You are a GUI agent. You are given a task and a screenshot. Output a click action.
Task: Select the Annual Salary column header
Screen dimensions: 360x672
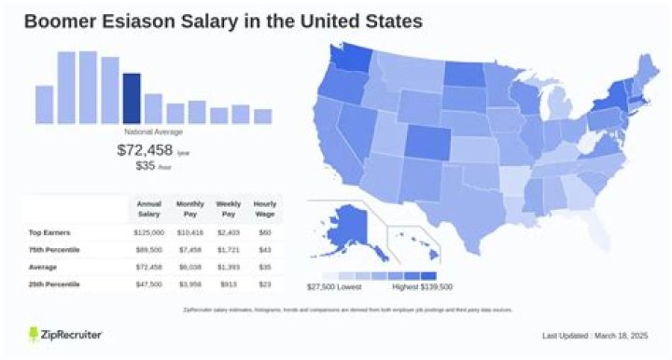(x=149, y=208)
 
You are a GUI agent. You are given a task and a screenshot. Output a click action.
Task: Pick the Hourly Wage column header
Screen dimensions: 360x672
(x=265, y=208)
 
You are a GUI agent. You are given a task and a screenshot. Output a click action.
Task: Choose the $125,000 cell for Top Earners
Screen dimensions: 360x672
(x=149, y=232)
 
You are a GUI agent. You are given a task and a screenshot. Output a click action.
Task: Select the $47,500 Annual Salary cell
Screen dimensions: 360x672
(x=149, y=283)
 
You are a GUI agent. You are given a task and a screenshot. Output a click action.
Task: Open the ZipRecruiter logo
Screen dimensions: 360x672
(x=64, y=334)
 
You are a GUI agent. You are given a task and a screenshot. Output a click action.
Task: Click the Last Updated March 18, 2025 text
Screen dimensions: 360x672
(x=595, y=335)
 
